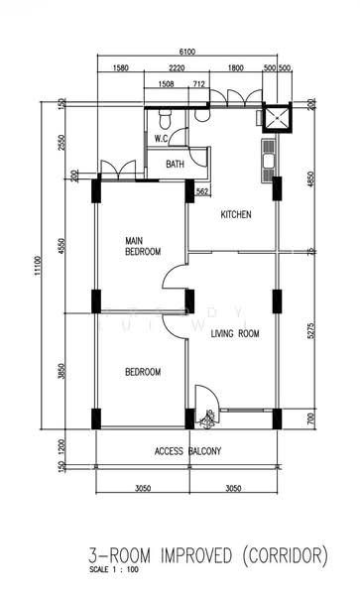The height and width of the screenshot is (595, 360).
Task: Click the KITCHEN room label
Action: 236,214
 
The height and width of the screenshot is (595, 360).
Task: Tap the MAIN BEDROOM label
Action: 143,246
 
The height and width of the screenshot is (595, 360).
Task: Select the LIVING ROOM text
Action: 235,334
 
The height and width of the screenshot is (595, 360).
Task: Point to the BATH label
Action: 176,165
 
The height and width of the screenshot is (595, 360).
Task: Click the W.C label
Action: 161,138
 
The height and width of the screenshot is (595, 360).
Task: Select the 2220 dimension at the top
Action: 178,69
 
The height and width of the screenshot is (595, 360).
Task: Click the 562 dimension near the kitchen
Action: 202,190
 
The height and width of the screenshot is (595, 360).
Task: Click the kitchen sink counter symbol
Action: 268,161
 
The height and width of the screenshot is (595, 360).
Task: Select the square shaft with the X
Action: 277,118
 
